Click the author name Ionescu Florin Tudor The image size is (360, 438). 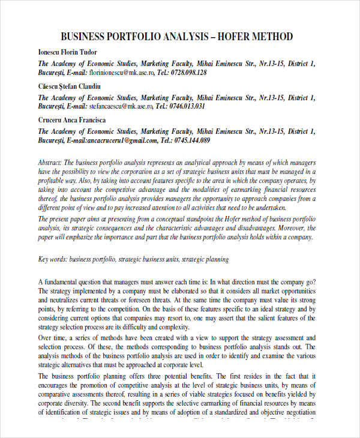pos(67,52)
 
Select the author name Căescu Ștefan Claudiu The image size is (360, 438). pos(69,86)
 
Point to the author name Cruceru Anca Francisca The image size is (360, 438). pos(71,120)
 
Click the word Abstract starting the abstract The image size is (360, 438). pos(49,163)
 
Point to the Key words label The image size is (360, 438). pos(53,260)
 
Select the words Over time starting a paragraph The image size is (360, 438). pos(52,338)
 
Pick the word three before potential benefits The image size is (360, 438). pos(176,376)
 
